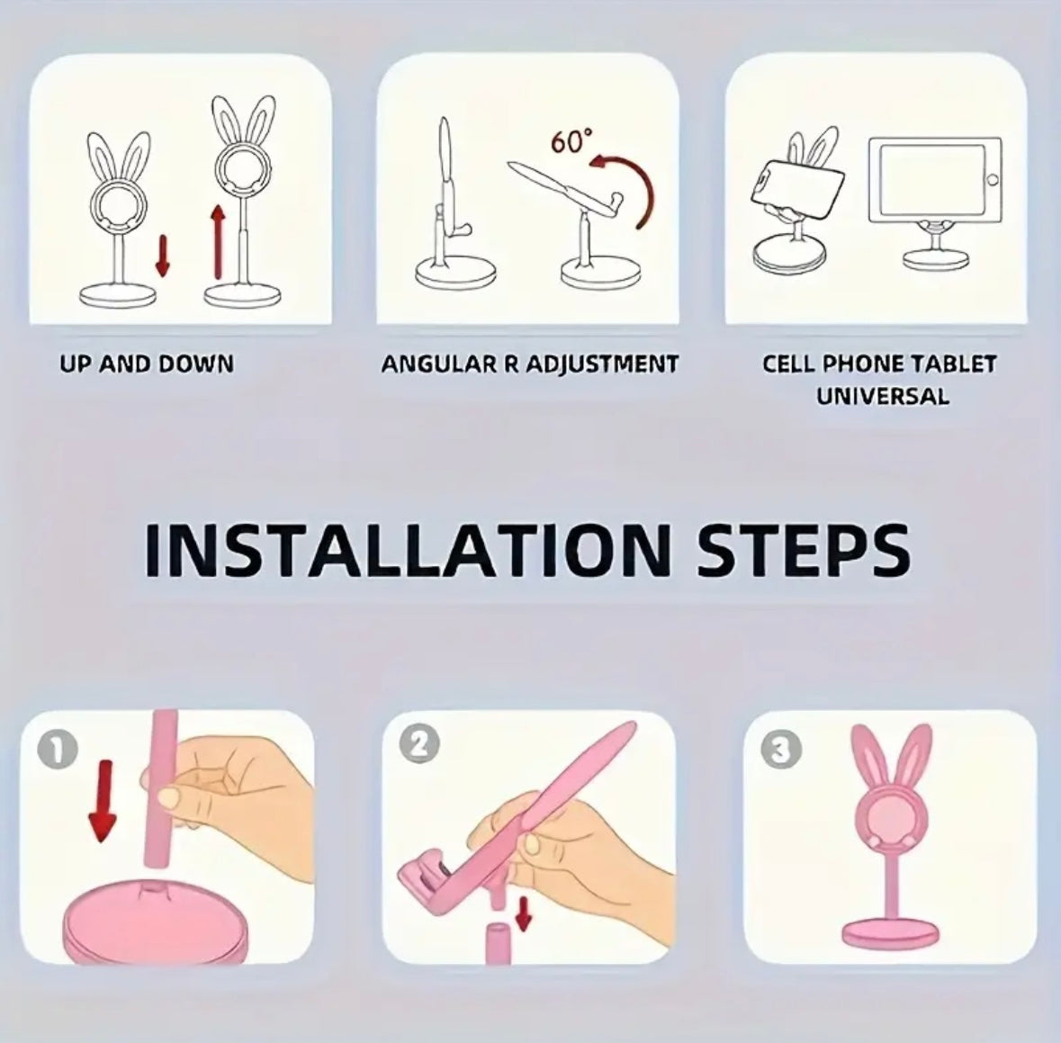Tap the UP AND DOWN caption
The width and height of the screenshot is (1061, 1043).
click(x=147, y=364)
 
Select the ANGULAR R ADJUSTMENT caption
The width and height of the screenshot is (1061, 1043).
click(x=529, y=364)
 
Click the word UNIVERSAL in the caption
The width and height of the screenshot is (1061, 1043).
click(x=882, y=396)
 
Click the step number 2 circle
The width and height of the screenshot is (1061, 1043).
click(x=424, y=743)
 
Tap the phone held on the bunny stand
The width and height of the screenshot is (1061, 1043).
click(x=797, y=186)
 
